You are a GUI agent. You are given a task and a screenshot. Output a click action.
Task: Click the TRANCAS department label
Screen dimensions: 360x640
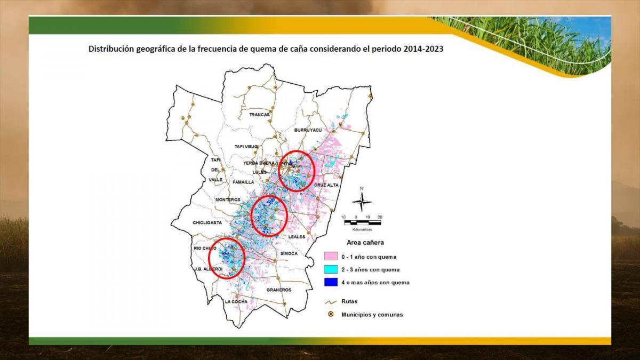pos(259,115)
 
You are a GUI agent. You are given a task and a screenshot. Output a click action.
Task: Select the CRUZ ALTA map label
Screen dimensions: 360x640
pos(326,185)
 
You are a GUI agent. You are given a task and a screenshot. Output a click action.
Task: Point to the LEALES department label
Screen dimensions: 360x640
pos(297,236)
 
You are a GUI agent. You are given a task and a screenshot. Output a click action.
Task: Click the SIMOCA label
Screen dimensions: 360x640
pos(289,253)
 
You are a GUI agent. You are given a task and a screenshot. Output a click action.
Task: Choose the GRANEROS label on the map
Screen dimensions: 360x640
pos(278,290)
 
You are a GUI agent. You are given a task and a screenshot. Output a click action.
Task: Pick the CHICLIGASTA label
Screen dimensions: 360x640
pos(207,223)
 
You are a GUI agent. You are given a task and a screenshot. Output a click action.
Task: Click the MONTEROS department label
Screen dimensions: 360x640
pos(228,199)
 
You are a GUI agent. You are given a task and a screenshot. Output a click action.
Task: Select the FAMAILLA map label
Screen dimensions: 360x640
pos(243,182)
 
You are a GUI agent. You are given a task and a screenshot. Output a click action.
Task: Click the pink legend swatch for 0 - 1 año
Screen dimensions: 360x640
pos(331,257)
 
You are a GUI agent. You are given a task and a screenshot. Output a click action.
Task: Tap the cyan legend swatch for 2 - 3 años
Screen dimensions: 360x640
pos(331,269)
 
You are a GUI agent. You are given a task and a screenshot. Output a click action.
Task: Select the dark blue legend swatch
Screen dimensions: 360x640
pos(331,282)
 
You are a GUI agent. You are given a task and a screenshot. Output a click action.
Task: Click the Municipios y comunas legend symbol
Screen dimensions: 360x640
pos(331,314)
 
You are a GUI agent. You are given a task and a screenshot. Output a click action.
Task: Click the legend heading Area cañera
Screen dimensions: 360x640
pos(365,243)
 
